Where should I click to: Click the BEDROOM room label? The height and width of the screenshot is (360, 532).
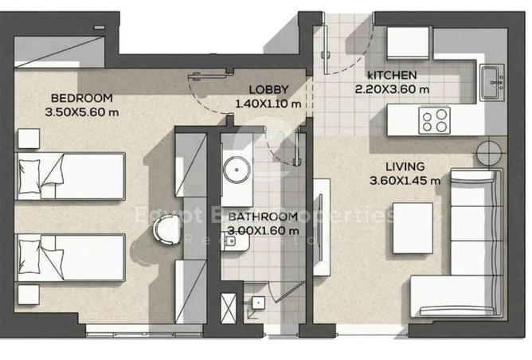pyautogui.click(x=82, y=98)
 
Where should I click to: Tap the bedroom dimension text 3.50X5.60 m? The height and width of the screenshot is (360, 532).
pyautogui.click(x=85, y=112)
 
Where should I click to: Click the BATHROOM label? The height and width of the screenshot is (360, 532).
pyautogui.click(x=263, y=217)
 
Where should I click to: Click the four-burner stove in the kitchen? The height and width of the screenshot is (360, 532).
pyautogui.click(x=434, y=120)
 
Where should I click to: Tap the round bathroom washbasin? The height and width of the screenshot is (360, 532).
pyautogui.click(x=237, y=170)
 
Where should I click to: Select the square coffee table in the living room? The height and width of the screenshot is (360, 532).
pyautogui.click(x=413, y=221)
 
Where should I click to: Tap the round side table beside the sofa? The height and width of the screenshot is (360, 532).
pyautogui.click(x=489, y=151)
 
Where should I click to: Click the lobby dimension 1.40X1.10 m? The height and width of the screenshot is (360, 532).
pyautogui.click(x=268, y=104)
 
